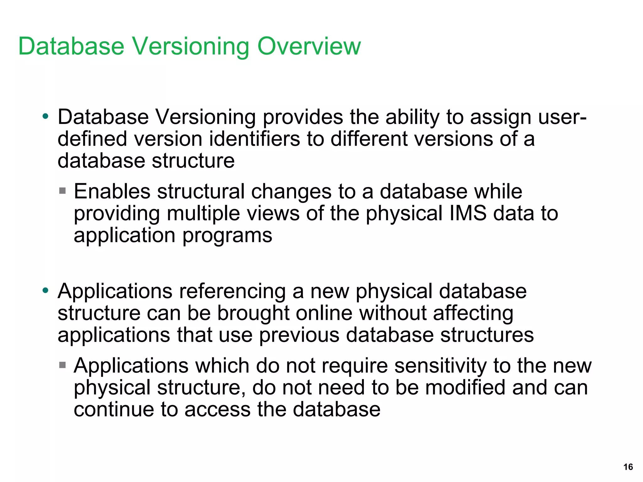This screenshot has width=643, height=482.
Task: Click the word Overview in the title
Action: (x=309, y=46)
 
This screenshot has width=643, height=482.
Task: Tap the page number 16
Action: (x=628, y=467)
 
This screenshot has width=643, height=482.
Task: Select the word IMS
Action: (x=468, y=213)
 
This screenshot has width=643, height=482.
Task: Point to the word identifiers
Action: (x=254, y=139)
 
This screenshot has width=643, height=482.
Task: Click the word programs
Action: (x=227, y=236)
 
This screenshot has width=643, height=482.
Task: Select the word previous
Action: (x=299, y=335)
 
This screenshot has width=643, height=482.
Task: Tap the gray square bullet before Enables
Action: (x=62, y=191)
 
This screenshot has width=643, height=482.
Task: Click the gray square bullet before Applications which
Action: (x=62, y=365)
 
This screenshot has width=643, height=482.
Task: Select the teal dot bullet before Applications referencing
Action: (x=46, y=290)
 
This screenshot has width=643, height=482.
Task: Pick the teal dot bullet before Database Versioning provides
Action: (x=46, y=116)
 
